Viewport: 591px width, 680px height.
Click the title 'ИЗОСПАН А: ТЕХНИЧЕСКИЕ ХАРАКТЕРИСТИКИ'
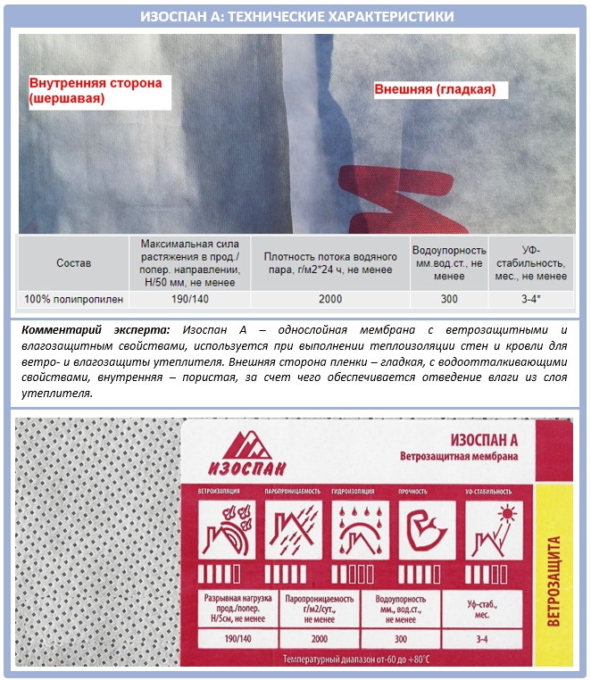[x=295, y=17]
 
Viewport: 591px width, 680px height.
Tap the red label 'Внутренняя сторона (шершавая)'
[x=96, y=91]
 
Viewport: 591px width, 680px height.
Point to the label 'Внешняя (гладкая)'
[x=434, y=90]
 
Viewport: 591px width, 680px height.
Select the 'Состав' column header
[x=73, y=263]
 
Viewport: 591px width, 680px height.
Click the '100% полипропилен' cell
[x=73, y=300]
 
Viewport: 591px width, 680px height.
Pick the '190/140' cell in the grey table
[x=188, y=300]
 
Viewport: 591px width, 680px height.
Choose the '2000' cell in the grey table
[x=329, y=300]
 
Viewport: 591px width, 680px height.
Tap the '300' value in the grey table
[x=448, y=300]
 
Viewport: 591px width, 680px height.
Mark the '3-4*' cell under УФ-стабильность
[x=530, y=300]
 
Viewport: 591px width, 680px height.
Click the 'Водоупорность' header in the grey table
[x=448, y=251]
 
